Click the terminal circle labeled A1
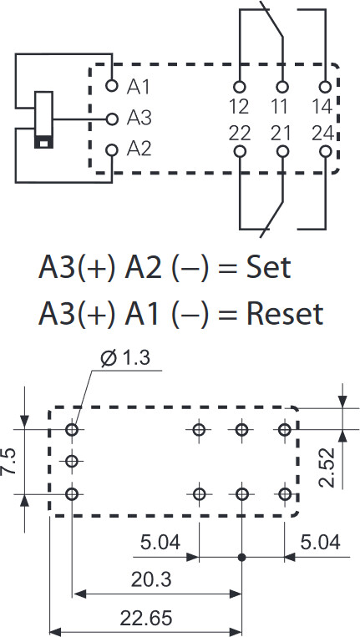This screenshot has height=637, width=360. (112, 86)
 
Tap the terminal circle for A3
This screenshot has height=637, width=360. (112, 119)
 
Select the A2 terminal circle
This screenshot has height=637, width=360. (112, 150)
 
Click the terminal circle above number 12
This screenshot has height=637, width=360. (240, 87)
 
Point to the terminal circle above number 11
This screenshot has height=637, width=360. (282, 87)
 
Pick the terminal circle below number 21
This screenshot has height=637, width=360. (282, 152)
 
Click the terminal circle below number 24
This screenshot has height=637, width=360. (325, 152)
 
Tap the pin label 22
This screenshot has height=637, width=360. (240, 134)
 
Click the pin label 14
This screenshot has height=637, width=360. (322, 106)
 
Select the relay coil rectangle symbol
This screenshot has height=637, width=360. (43, 120)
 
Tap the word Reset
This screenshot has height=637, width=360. (285, 314)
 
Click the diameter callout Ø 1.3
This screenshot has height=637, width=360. (125, 358)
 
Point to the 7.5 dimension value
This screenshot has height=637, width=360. (9, 462)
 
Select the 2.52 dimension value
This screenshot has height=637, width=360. (327, 468)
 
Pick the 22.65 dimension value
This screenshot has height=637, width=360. (146, 619)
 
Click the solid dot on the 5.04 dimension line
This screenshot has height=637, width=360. (241, 558)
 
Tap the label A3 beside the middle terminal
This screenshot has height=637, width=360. (139, 118)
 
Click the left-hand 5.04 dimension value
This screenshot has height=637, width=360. (160, 543)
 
